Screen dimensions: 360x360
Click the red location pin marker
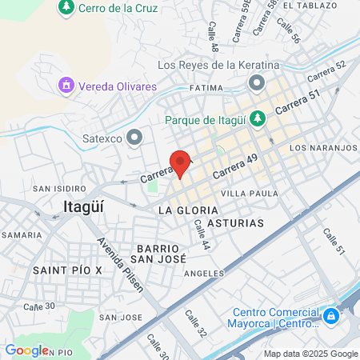tap(181, 163)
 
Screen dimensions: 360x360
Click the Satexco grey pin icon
tap(134, 137)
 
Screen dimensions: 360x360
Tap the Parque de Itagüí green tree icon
tap(257, 119)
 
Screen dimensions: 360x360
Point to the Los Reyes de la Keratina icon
tap(256, 82)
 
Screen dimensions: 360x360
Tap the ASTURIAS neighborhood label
tap(235, 223)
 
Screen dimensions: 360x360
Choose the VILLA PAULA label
tap(250, 194)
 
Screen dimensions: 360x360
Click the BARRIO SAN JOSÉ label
tap(160, 254)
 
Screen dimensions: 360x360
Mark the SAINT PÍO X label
tap(68, 270)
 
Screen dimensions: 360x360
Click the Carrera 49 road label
tap(234, 167)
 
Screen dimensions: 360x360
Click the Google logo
tap(27, 350)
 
